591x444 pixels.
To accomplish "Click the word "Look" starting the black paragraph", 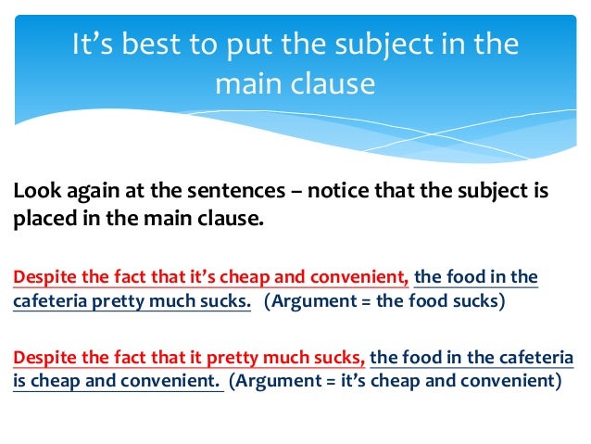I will (33, 192).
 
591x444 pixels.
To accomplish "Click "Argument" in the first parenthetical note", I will (316, 302).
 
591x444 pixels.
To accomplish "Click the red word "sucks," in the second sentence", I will (341, 357).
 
